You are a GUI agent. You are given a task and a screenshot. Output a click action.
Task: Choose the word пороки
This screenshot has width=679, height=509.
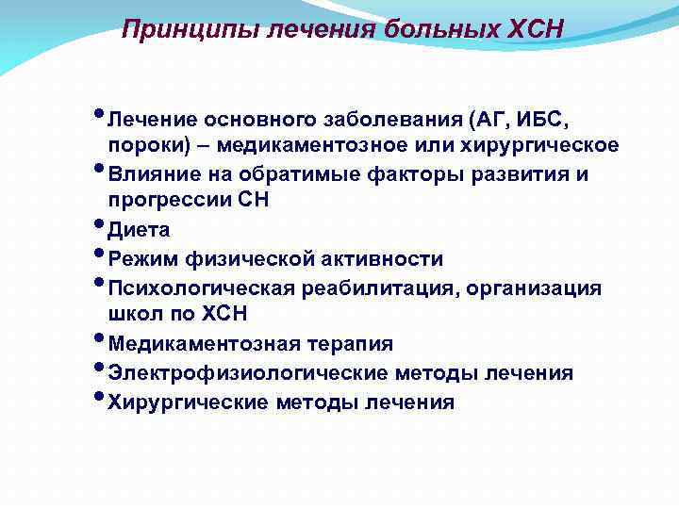pyautogui.click(x=140, y=146)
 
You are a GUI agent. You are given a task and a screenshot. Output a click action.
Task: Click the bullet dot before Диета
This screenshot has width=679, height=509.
pyautogui.click(x=102, y=224)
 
